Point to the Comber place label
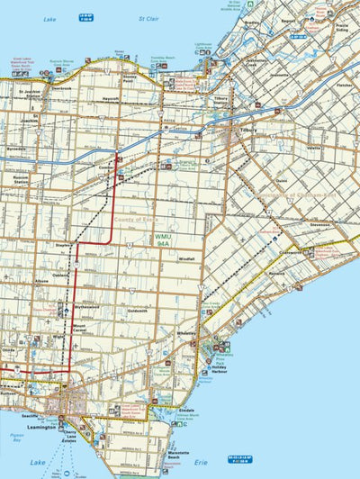106,167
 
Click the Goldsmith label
138,311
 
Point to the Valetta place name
314,147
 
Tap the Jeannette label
281,75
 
